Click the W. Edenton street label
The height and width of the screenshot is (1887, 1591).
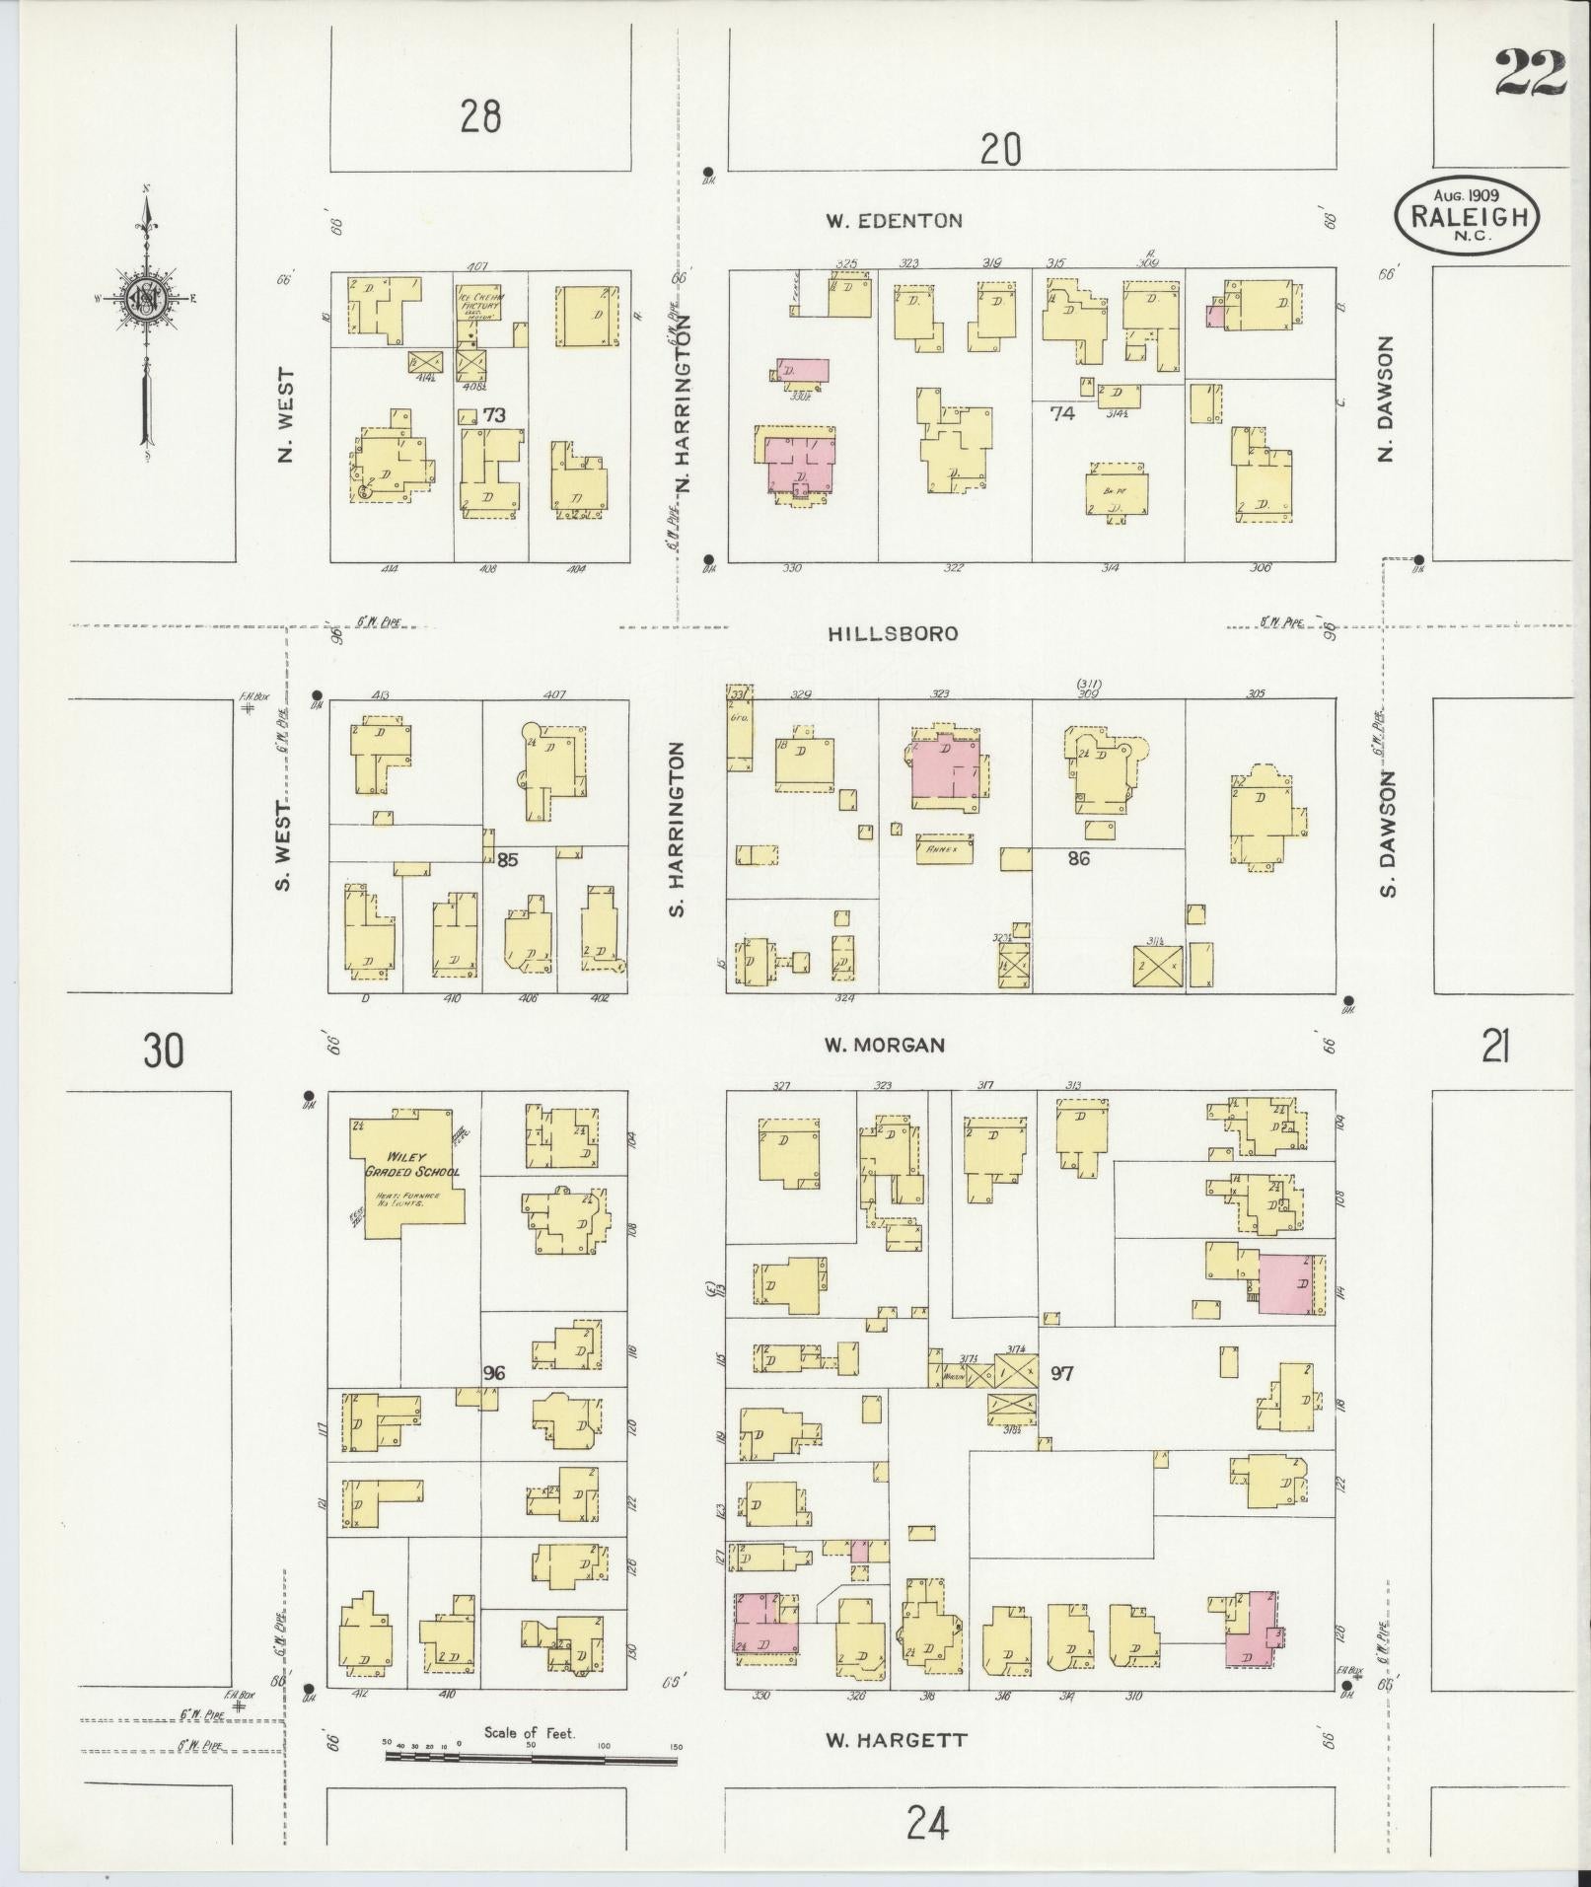point(894,221)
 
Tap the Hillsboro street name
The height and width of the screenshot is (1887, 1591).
point(894,634)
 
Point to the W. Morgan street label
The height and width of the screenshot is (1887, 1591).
point(885,1045)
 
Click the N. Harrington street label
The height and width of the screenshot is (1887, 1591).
point(686,410)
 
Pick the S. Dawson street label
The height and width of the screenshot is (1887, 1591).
point(1390,835)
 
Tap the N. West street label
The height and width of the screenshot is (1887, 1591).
point(287,415)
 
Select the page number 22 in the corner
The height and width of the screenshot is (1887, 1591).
point(1530,74)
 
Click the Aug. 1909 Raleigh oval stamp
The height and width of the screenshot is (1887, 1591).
point(1467,216)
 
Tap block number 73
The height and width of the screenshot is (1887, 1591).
point(494,415)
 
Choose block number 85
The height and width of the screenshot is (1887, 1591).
point(507,860)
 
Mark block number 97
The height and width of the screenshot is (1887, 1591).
point(1061,1373)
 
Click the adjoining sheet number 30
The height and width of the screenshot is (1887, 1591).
point(163,1051)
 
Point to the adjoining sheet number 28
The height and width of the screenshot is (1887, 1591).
point(480,117)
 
